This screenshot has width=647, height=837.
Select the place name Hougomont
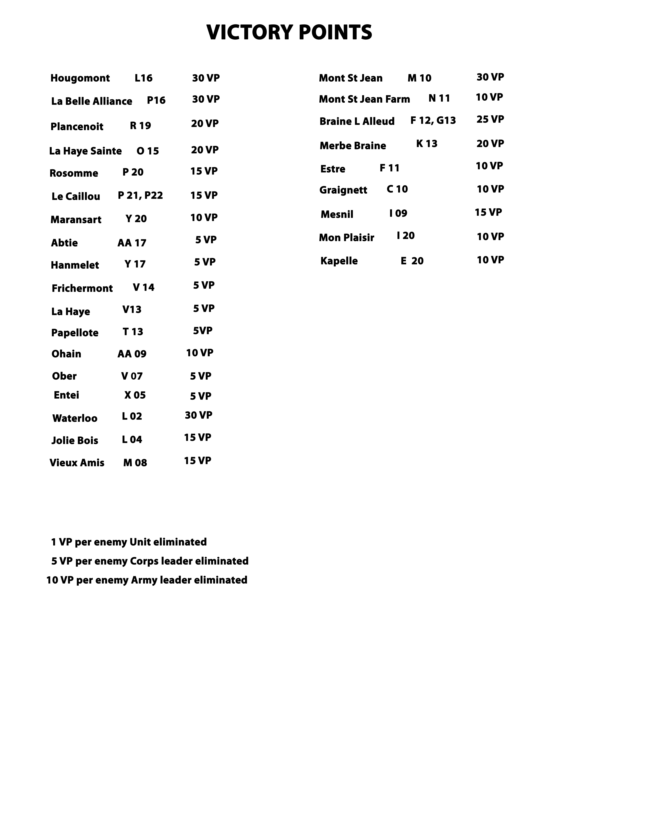pos(80,78)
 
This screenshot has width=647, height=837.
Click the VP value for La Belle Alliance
pos(206,99)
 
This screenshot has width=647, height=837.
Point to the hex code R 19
pos(140,126)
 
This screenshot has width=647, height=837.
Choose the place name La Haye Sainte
pos(85,151)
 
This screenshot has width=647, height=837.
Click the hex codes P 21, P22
pos(140,196)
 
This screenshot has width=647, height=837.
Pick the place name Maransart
pos(76,220)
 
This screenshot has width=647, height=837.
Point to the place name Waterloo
pos(75,418)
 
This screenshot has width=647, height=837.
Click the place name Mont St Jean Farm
pos(364,99)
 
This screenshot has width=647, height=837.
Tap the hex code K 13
pos(427,144)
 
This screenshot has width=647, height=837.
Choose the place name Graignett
pos(343,190)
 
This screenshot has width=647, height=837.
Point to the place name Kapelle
pos(339,261)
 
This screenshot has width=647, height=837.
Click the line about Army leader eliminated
pos(147,580)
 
